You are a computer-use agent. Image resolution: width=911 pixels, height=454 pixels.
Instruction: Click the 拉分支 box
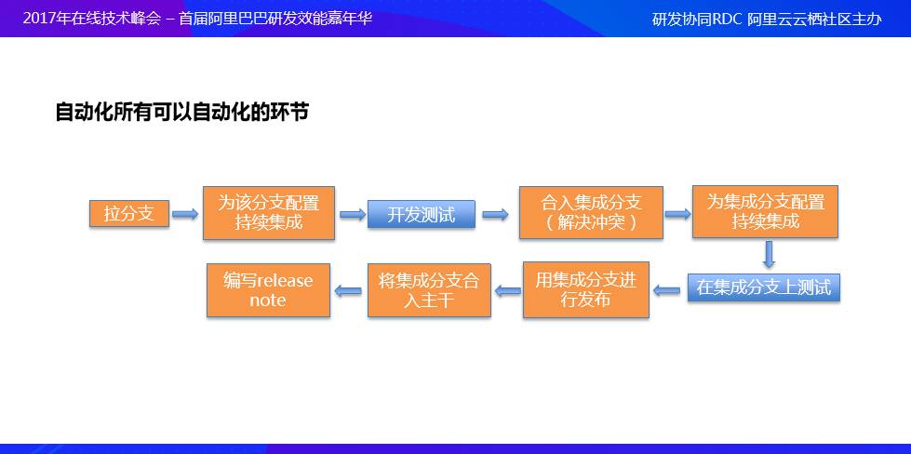pos(129,213)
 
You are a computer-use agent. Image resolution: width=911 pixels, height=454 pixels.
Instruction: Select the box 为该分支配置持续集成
pos(269,213)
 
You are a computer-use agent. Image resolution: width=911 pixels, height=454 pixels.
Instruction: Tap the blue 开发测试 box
pos(422,214)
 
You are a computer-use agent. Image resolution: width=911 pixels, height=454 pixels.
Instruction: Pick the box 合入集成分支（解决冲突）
pos(592,213)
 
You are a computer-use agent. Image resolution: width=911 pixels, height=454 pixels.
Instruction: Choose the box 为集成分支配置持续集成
pos(765,212)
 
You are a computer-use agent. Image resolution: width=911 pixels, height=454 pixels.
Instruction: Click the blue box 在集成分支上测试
pos(763,287)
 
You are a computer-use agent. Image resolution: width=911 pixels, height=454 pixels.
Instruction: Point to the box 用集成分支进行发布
pos(585,289)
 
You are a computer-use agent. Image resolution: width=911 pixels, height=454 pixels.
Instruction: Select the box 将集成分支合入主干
pos(429,290)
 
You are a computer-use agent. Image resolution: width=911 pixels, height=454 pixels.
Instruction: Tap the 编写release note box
pos(268,290)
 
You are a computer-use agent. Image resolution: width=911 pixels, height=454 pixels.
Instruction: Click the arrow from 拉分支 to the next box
pos(185,214)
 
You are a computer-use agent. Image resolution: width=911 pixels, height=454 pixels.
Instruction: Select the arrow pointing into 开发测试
pos(352,214)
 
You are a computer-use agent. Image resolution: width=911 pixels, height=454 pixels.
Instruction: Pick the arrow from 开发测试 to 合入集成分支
pos(495,214)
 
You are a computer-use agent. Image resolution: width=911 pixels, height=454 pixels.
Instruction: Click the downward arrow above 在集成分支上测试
pos(769,254)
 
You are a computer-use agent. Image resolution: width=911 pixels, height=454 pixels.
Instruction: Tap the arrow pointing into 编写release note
pos(348,291)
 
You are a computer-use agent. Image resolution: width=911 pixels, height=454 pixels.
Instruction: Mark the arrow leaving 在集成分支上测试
pos(667,290)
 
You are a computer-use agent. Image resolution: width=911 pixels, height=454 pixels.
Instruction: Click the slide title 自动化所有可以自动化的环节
pos(182,113)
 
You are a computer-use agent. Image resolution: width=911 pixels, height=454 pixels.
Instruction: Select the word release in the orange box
pos(285,281)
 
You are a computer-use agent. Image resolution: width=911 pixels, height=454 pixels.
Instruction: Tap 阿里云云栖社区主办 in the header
pos(814,19)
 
